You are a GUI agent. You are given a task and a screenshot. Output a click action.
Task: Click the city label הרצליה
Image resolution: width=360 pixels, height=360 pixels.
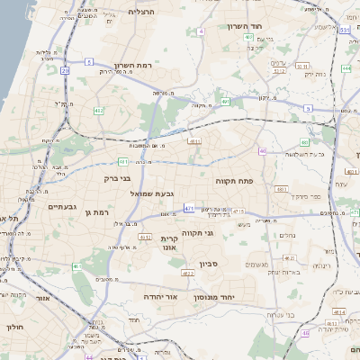pyautogui.click(x=142, y=12)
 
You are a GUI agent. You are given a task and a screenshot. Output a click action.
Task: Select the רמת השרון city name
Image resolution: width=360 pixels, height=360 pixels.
pyautogui.click(x=136, y=66)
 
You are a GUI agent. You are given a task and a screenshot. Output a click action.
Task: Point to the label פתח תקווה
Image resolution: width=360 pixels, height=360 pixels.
pyautogui.click(x=232, y=181)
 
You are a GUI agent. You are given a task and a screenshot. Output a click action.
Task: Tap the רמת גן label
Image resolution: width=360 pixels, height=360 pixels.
pyautogui.click(x=94, y=211)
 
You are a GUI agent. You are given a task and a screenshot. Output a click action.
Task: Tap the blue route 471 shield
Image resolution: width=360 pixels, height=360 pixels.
pyautogui.click(x=189, y=208)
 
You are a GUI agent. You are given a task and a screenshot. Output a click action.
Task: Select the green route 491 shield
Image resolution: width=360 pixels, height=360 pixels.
pyautogui.click(x=123, y=162)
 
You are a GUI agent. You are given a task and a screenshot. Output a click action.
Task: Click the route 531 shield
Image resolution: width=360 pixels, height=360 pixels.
pyautogui.click(x=346, y=31)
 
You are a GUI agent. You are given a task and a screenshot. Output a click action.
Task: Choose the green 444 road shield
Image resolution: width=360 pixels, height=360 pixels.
pyautogui.click(x=347, y=67)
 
